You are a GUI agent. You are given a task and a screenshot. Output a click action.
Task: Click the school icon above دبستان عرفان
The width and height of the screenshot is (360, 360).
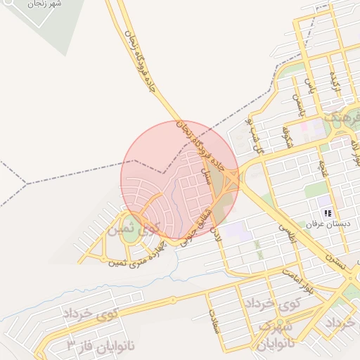point(328,212)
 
